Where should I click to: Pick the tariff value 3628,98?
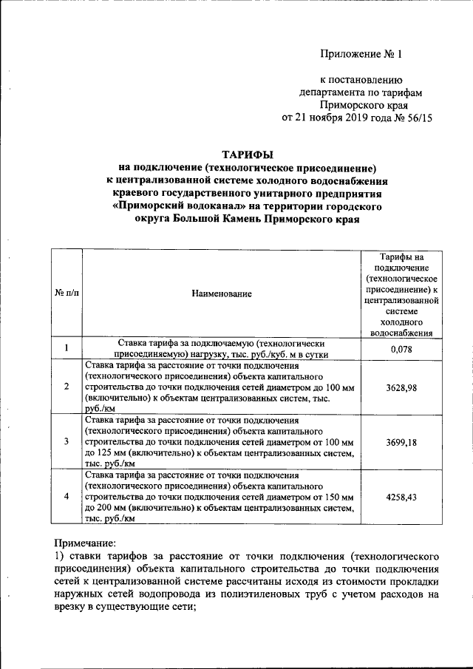coord(401,387)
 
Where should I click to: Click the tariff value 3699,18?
coord(401,441)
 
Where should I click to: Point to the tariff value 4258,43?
coord(401,497)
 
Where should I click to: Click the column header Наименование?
coord(221,293)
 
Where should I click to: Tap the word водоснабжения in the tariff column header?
coord(401,333)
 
